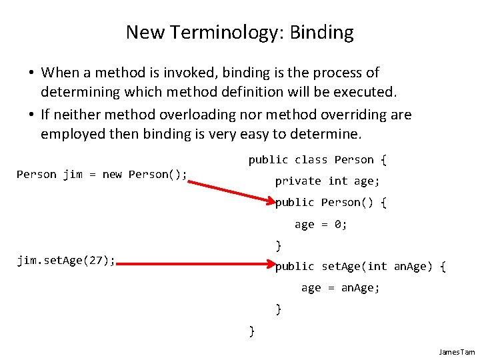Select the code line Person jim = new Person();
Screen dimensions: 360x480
(102, 175)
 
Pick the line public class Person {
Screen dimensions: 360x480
(317, 160)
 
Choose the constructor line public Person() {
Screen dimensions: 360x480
(331, 202)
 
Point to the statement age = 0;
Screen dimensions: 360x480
(321, 225)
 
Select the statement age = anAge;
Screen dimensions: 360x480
(340, 288)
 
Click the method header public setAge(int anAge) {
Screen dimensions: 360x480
(360, 267)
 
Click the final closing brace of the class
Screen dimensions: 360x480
(251, 331)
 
